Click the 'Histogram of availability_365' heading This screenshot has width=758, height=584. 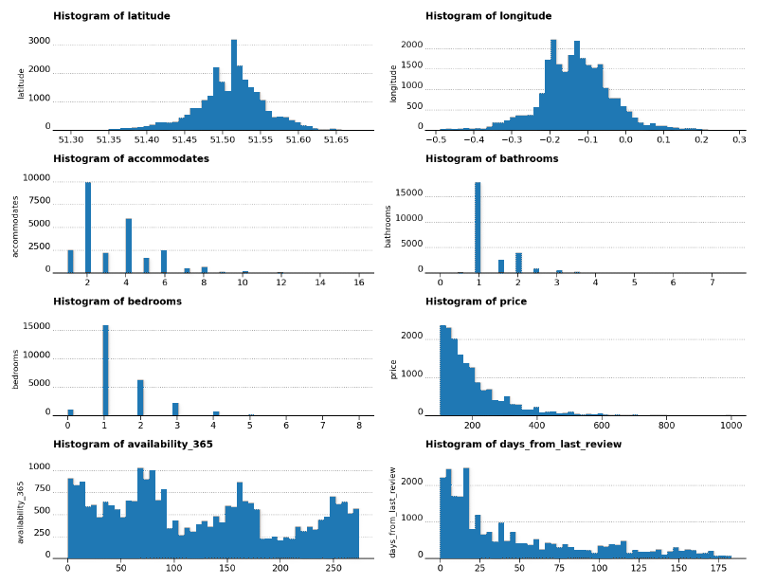[133, 444]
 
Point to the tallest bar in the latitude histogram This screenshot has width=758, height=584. [234, 85]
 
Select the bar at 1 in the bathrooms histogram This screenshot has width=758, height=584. [478, 228]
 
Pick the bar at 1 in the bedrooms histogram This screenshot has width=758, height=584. [105, 370]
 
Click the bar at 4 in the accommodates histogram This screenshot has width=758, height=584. [129, 246]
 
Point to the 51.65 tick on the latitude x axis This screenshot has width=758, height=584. [336, 139]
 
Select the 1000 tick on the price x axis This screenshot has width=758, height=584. [731, 426]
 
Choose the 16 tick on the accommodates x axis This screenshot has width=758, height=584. [359, 283]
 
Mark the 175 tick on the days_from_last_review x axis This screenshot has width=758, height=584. [718, 568]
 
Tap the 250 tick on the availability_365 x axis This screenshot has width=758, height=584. [334, 568]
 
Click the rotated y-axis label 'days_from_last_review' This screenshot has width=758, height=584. [393, 512]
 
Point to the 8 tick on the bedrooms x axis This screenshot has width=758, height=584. [358, 426]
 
